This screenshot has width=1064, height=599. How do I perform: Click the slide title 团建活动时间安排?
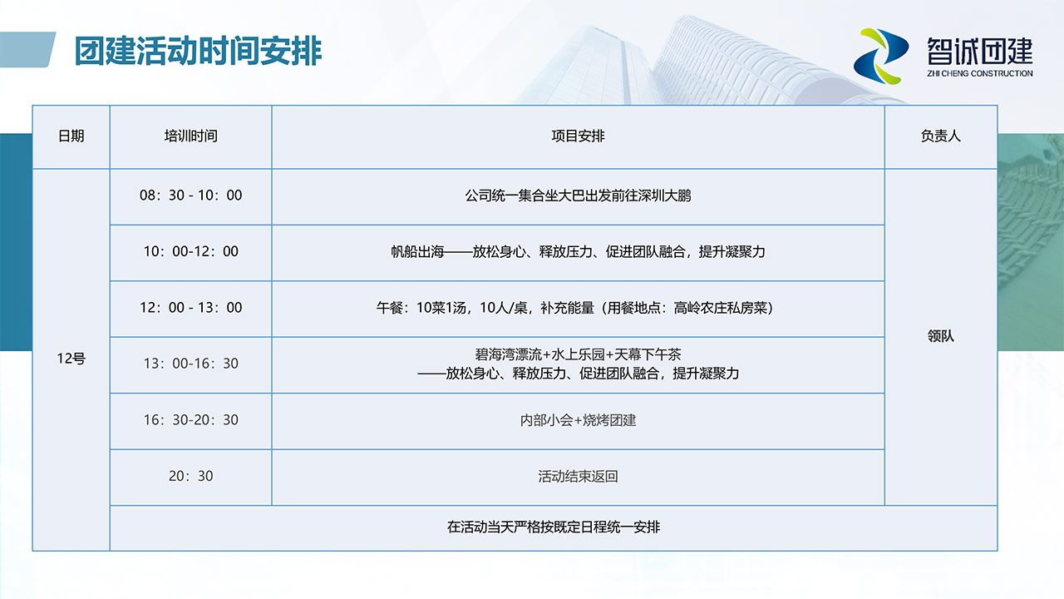click(x=198, y=51)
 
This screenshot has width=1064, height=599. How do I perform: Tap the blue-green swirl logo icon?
click(x=880, y=56)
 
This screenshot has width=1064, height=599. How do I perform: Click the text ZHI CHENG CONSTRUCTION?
click(x=979, y=74)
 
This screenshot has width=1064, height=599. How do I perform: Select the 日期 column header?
click(x=71, y=136)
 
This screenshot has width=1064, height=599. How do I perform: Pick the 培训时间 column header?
click(x=191, y=136)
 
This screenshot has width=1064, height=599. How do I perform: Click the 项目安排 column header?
click(x=578, y=136)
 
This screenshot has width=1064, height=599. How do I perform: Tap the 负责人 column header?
click(x=940, y=136)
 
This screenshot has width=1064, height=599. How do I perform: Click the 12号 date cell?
click(x=71, y=358)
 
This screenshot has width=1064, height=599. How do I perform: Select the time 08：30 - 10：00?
click(x=191, y=195)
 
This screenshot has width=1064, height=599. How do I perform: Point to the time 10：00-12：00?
click(x=191, y=251)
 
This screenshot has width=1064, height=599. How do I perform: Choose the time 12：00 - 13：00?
click(x=191, y=307)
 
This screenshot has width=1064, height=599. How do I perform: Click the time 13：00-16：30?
click(x=191, y=364)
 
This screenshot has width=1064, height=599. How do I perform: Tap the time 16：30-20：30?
click(x=191, y=419)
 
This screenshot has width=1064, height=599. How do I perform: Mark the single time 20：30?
click(x=191, y=475)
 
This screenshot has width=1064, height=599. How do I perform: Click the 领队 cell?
click(x=940, y=336)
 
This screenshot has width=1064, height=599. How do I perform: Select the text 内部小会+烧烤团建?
click(x=578, y=420)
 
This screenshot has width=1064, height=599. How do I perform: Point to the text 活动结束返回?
click(x=578, y=476)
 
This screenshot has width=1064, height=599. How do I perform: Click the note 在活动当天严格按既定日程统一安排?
click(x=554, y=527)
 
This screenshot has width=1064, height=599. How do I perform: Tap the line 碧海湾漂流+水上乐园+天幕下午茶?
click(x=578, y=354)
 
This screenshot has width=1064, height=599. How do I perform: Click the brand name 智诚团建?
click(x=980, y=51)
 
